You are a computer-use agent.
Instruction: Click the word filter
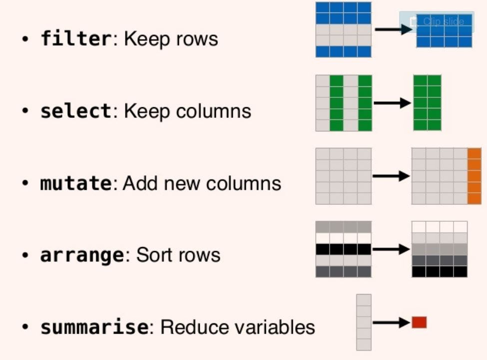pyautogui.click(x=75, y=39)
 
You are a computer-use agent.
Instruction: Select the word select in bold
pyautogui.click(x=75, y=111)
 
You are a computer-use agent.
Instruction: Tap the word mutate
pyautogui.click(x=75, y=183)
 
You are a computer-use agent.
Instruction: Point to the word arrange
pyautogui.click(x=81, y=255)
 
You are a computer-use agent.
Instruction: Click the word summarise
pyautogui.click(x=94, y=328)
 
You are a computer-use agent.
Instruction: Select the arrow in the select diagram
pyautogui.click(x=392, y=103)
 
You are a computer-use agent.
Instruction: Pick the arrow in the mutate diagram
pyautogui.click(x=391, y=176)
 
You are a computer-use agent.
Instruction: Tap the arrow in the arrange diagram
pyautogui.click(x=391, y=249)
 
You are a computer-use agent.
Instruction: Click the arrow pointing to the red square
pyautogui.click(x=391, y=323)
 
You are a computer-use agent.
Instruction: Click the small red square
pyautogui.click(x=419, y=323)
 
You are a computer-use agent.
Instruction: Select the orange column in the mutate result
pyautogui.click(x=474, y=176)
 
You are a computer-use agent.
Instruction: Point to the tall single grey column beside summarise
pyautogui.click(x=364, y=323)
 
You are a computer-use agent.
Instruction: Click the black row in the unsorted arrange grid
pyautogui.click(x=343, y=249)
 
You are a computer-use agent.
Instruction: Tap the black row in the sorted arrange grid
pyautogui.click(x=440, y=271)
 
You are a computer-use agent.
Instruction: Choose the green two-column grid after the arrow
pyautogui.click(x=427, y=103)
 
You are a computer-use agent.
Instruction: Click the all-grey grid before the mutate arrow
pyautogui.click(x=343, y=176)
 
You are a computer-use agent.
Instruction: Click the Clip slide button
pyautogui.click(x=437, y=21)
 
